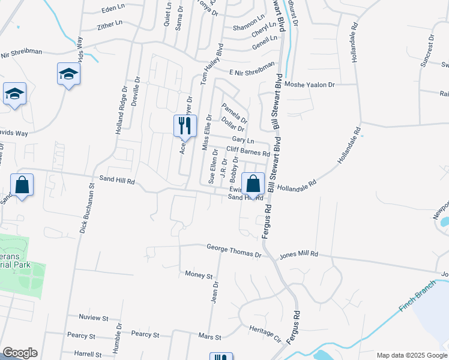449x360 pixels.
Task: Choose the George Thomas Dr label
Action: point(234,247)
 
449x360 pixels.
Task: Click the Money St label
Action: point(199,275)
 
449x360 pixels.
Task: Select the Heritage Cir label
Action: point(265,334)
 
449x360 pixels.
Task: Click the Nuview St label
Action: point(93,317)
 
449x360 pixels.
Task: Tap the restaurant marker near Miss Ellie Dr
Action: point(185,126)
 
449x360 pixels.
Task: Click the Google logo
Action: point(19,353)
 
